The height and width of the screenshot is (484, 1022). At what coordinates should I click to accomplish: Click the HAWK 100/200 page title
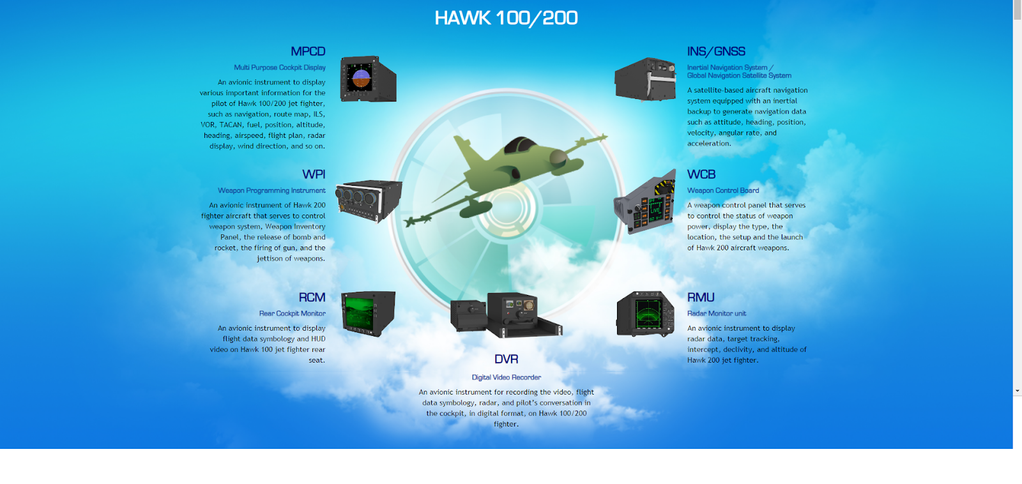coord(506,18)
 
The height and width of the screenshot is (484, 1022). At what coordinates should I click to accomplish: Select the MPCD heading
coord(308,52)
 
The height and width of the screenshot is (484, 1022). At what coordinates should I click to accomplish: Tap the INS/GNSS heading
coord(716,52)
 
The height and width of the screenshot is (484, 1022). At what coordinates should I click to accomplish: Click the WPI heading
coord(314,174)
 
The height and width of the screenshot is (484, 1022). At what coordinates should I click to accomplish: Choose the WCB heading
coord(701,174)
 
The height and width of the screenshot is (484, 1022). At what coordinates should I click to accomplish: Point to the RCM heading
coord(312,298)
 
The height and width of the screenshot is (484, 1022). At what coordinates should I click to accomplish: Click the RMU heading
coord(701,298)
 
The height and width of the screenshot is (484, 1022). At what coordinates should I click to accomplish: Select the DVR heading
coord(506,359)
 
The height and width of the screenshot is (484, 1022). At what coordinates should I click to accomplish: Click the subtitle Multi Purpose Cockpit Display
coord(280,68)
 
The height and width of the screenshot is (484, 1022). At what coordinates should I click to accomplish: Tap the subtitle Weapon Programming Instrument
coord(271,190)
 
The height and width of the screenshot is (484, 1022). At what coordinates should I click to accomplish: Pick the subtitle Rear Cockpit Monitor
coord(292,314)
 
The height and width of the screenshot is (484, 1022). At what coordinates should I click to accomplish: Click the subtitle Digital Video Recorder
coord(506,377)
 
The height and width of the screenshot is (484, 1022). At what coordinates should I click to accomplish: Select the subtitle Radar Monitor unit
coord(717,314)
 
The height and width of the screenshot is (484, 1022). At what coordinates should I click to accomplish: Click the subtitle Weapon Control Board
coord(723,190)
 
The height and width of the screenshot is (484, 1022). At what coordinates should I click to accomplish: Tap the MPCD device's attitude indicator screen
coord(361,79)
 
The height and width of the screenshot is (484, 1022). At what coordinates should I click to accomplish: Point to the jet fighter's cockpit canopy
coord(521,145)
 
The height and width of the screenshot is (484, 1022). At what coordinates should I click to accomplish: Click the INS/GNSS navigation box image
coord(645,79)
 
